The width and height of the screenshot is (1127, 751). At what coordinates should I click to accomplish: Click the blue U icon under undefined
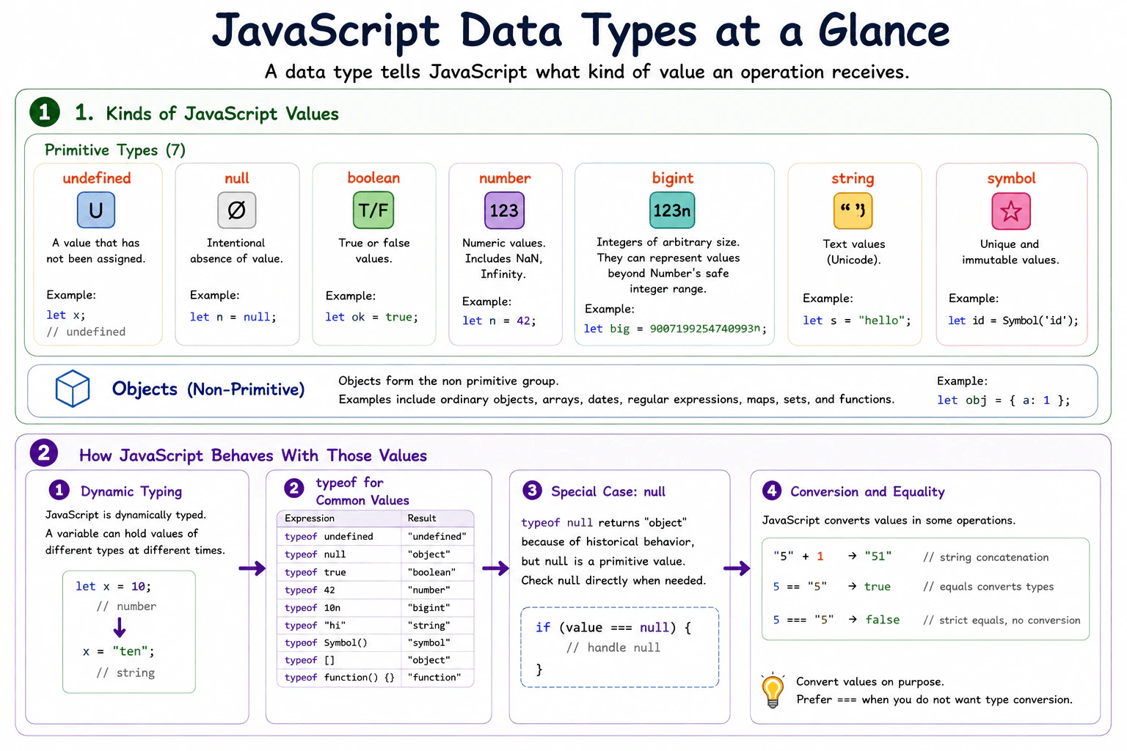(x=95, y=210)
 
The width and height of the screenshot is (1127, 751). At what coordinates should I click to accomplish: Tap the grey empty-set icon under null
(x=236, y=210)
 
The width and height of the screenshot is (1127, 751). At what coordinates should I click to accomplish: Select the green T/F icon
(x=373, y=210)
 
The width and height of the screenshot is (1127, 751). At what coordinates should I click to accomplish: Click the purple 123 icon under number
(x=504, y=210)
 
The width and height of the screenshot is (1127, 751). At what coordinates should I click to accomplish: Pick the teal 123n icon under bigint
(x=672, y=210)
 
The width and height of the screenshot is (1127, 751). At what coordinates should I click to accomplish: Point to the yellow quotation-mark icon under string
(x=853, y=210)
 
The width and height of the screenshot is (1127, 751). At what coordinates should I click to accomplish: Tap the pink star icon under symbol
(x=1011, y=210)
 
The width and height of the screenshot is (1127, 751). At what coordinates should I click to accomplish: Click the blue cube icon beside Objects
(x=73, y=388)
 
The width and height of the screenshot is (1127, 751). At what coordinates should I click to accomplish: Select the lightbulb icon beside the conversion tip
(x=773, y=690)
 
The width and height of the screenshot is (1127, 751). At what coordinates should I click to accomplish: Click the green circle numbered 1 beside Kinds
(x=45, y=111)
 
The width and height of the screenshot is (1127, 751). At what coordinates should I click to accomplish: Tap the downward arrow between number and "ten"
(x=120, y=627)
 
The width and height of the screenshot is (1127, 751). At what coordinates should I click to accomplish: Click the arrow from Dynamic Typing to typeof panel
(x=252, y=568)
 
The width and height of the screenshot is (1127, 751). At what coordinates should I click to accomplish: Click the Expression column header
(x=310, y=518)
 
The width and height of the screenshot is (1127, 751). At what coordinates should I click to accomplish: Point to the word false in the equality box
(x=883, y=620)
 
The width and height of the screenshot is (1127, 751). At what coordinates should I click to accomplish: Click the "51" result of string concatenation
(x=878, y=557)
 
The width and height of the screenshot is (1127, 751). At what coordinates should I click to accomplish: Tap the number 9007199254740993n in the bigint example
(x=705, y=329)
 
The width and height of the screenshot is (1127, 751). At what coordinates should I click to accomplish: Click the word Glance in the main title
(x=884, y=31)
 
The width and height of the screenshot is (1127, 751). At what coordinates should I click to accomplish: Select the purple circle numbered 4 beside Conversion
(x=772, y=491)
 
